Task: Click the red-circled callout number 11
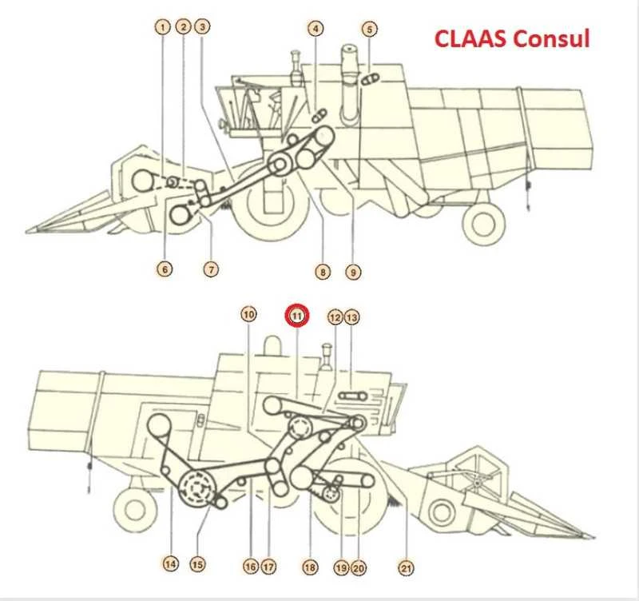tap(297, 316)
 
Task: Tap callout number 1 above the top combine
tap(163, 28)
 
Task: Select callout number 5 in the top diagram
tap(370, 30)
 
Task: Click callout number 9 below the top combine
tap(353, 272)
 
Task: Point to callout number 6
tap(165, 269)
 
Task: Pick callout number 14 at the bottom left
tap(171, 564)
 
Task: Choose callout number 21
tap(406, 567)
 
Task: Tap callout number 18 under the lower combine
tap(310, 567)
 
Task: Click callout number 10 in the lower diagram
tap(248, 314)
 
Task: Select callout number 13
tap(352, 317)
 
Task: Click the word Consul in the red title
tap(551, 38)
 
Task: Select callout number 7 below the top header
tap(211, 269)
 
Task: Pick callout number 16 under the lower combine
tap(251, 567)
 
